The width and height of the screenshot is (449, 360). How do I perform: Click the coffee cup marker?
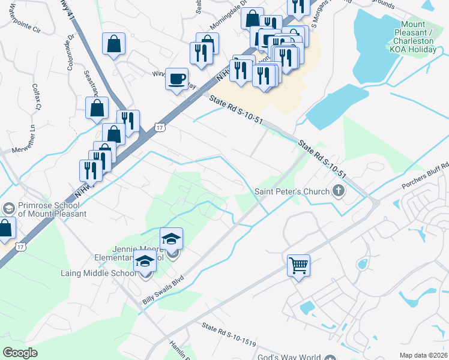coord(177,79)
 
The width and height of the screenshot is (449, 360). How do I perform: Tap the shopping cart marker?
coord(298,265)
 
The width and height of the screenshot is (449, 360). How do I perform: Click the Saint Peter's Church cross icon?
coord(339,191)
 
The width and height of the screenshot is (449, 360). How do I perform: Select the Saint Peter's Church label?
coord(292,191)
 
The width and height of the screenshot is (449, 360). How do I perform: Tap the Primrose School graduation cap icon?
coord(8,208)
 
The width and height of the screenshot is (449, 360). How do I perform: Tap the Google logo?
coord(20,353)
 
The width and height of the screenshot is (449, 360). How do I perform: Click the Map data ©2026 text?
coord(423,355)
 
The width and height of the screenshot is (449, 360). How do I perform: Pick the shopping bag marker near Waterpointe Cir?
coord(113,44)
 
